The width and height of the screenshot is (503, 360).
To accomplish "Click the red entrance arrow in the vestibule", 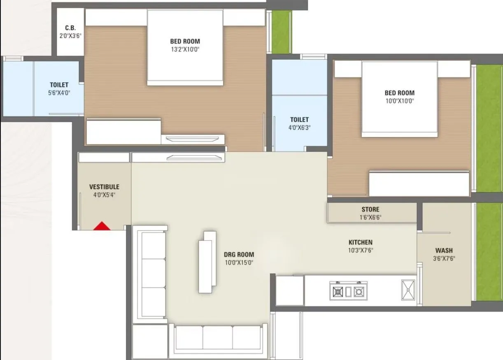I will pyautogui.click(x=102, y=226).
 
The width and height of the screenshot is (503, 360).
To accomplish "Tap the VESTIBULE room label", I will pyautogui.click(x=104, y=187).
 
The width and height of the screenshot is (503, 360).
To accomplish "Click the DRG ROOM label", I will pyautogui.click(x=239, y=254).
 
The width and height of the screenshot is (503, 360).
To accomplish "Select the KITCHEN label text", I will pyautogui.click(x=360, y=242).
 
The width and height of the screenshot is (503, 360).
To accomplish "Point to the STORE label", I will pyautogui.click(x=370, y=209).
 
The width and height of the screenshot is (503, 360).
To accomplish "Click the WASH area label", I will pyautogui.click(x=444, y=250).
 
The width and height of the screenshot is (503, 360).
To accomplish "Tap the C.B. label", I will pyautogui.click(x=70, y=28).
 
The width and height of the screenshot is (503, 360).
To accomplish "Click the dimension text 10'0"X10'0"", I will pyautogui.click(x=399, y=101).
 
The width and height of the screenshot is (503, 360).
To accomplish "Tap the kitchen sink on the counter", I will pyautogui.click(x=408, y=289).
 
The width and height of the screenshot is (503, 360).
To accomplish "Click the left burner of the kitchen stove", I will pyautogui.click(x=338, y=292).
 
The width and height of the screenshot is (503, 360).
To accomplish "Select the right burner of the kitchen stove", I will pyautogui.click(x=359, y=292).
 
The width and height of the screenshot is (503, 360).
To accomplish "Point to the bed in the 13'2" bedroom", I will pyautogui.click(x=185, y=47).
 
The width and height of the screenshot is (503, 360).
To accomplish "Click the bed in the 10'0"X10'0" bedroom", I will pyautogui.click(x=399, y=99).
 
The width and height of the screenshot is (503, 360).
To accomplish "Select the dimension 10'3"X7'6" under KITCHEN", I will pyautogui.click(x=360, y=250).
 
